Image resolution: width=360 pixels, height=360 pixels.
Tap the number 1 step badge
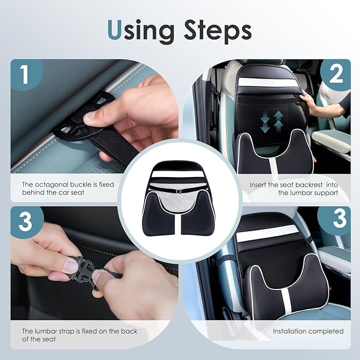pos(25,75)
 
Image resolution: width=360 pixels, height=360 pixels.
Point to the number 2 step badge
pos(335,75)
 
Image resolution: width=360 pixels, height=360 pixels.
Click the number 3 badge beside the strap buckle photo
pos(25,222)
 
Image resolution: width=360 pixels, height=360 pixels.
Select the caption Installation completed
pos(308,331)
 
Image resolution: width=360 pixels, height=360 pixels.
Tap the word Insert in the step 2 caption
pos(260,185)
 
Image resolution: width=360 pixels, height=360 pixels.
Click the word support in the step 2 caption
pos(326,192)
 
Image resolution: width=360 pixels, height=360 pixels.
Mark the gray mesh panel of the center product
pos(179,199)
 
